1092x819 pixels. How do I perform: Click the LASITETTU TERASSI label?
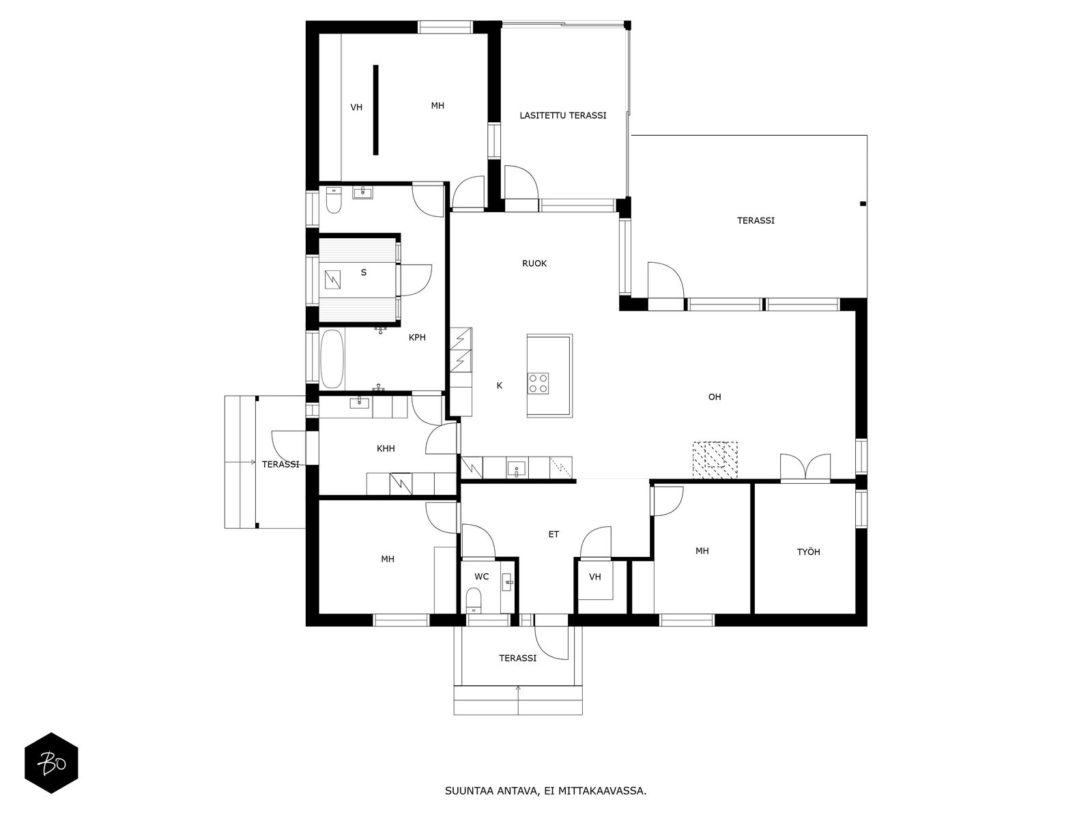[562, 115]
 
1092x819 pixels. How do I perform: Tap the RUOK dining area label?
[534, 263]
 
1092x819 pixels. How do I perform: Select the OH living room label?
[715, 397]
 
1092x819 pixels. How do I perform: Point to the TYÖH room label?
[809, 551]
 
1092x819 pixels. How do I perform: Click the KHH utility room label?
[386, 448]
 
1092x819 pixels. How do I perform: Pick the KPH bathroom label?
[417, 337]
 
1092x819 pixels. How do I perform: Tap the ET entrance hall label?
[554, 534]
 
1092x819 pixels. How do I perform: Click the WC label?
[482, 576]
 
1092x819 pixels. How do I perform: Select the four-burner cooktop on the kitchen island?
[538, 384]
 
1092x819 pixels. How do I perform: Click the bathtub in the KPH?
[332, 360]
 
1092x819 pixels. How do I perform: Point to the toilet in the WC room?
[474, 600]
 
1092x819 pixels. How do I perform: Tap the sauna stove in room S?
[332, 279]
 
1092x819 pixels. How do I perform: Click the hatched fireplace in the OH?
[715, 460]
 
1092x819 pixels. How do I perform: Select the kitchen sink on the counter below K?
[517, 468]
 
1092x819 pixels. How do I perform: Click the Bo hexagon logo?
[51, 763]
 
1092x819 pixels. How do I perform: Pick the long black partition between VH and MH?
[375, 110]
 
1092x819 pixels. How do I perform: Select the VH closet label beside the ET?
[595, 577]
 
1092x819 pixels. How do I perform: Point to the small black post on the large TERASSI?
[863, 204]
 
